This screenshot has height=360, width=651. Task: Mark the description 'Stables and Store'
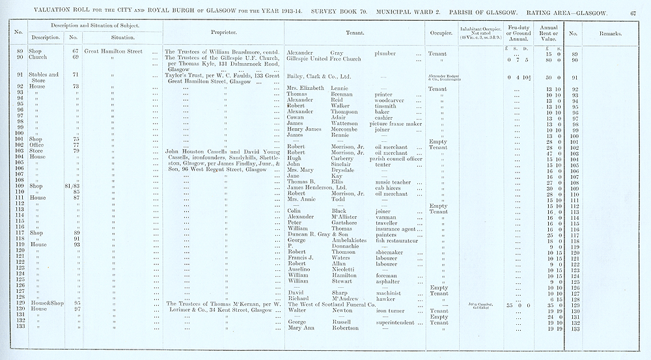(44, 78)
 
